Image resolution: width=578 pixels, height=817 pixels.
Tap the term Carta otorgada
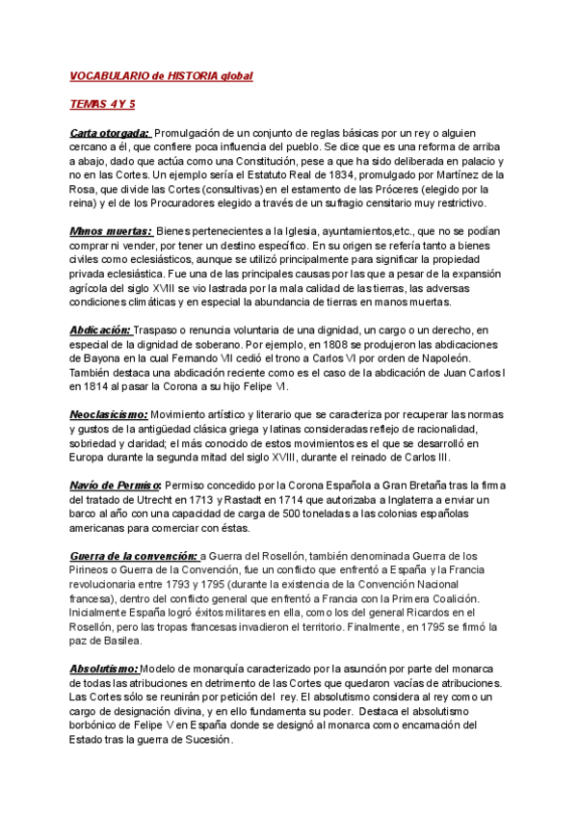[x=110, y=132]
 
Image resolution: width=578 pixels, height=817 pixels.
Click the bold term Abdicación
[x=100, y=329]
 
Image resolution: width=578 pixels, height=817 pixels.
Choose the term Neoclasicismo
[x=109, y=413]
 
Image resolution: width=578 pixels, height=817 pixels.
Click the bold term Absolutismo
[x=104, y=669]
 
